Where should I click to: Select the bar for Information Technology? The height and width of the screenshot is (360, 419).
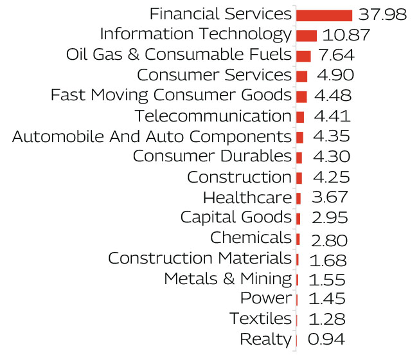tap(306, 35)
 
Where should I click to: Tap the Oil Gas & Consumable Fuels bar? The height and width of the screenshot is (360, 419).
tap(303, 56)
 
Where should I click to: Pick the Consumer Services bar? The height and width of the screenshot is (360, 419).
tap(301, 76)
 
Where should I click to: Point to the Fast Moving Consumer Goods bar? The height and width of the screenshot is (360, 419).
tap(301, 96)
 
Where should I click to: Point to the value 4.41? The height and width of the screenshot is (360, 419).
tap(332, 117)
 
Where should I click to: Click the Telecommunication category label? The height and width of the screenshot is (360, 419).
tap(213, 116)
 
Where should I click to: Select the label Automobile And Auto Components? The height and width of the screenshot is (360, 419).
tap(152, 137)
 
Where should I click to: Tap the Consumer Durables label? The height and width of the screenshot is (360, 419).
tap(211, 156)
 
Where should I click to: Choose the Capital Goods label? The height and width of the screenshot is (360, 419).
tap(235, 217)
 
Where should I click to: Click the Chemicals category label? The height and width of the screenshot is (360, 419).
tap(251, 238)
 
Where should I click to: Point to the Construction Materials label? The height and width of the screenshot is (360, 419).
tap(199, 258)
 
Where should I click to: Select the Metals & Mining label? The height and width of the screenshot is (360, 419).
tap(227, 279)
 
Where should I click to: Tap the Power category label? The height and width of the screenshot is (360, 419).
tap(265, 299)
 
